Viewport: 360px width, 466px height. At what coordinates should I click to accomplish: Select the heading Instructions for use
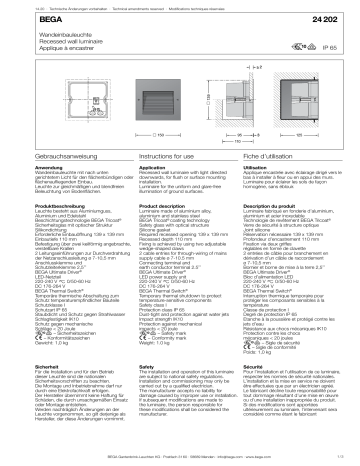tap(157, 176)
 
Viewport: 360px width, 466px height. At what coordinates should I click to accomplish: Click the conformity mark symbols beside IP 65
tap(300, 46)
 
